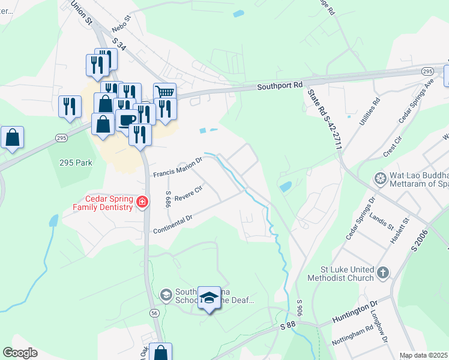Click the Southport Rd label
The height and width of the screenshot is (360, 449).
[x=280, y=86]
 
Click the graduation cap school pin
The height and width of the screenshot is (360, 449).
[x=209, y=298]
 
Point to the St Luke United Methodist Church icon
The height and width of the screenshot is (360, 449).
[x=384, y=273]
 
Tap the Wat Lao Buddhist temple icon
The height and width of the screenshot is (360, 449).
[x=380, y=178]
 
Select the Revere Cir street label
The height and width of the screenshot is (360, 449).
[x=189, y=191]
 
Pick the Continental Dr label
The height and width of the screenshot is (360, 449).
[x=172, y=224]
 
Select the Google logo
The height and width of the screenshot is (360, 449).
[x=20, y=353]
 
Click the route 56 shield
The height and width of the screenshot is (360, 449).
[x=154, y=313]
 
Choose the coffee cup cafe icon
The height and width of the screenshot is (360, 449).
[x=126, y=119]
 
